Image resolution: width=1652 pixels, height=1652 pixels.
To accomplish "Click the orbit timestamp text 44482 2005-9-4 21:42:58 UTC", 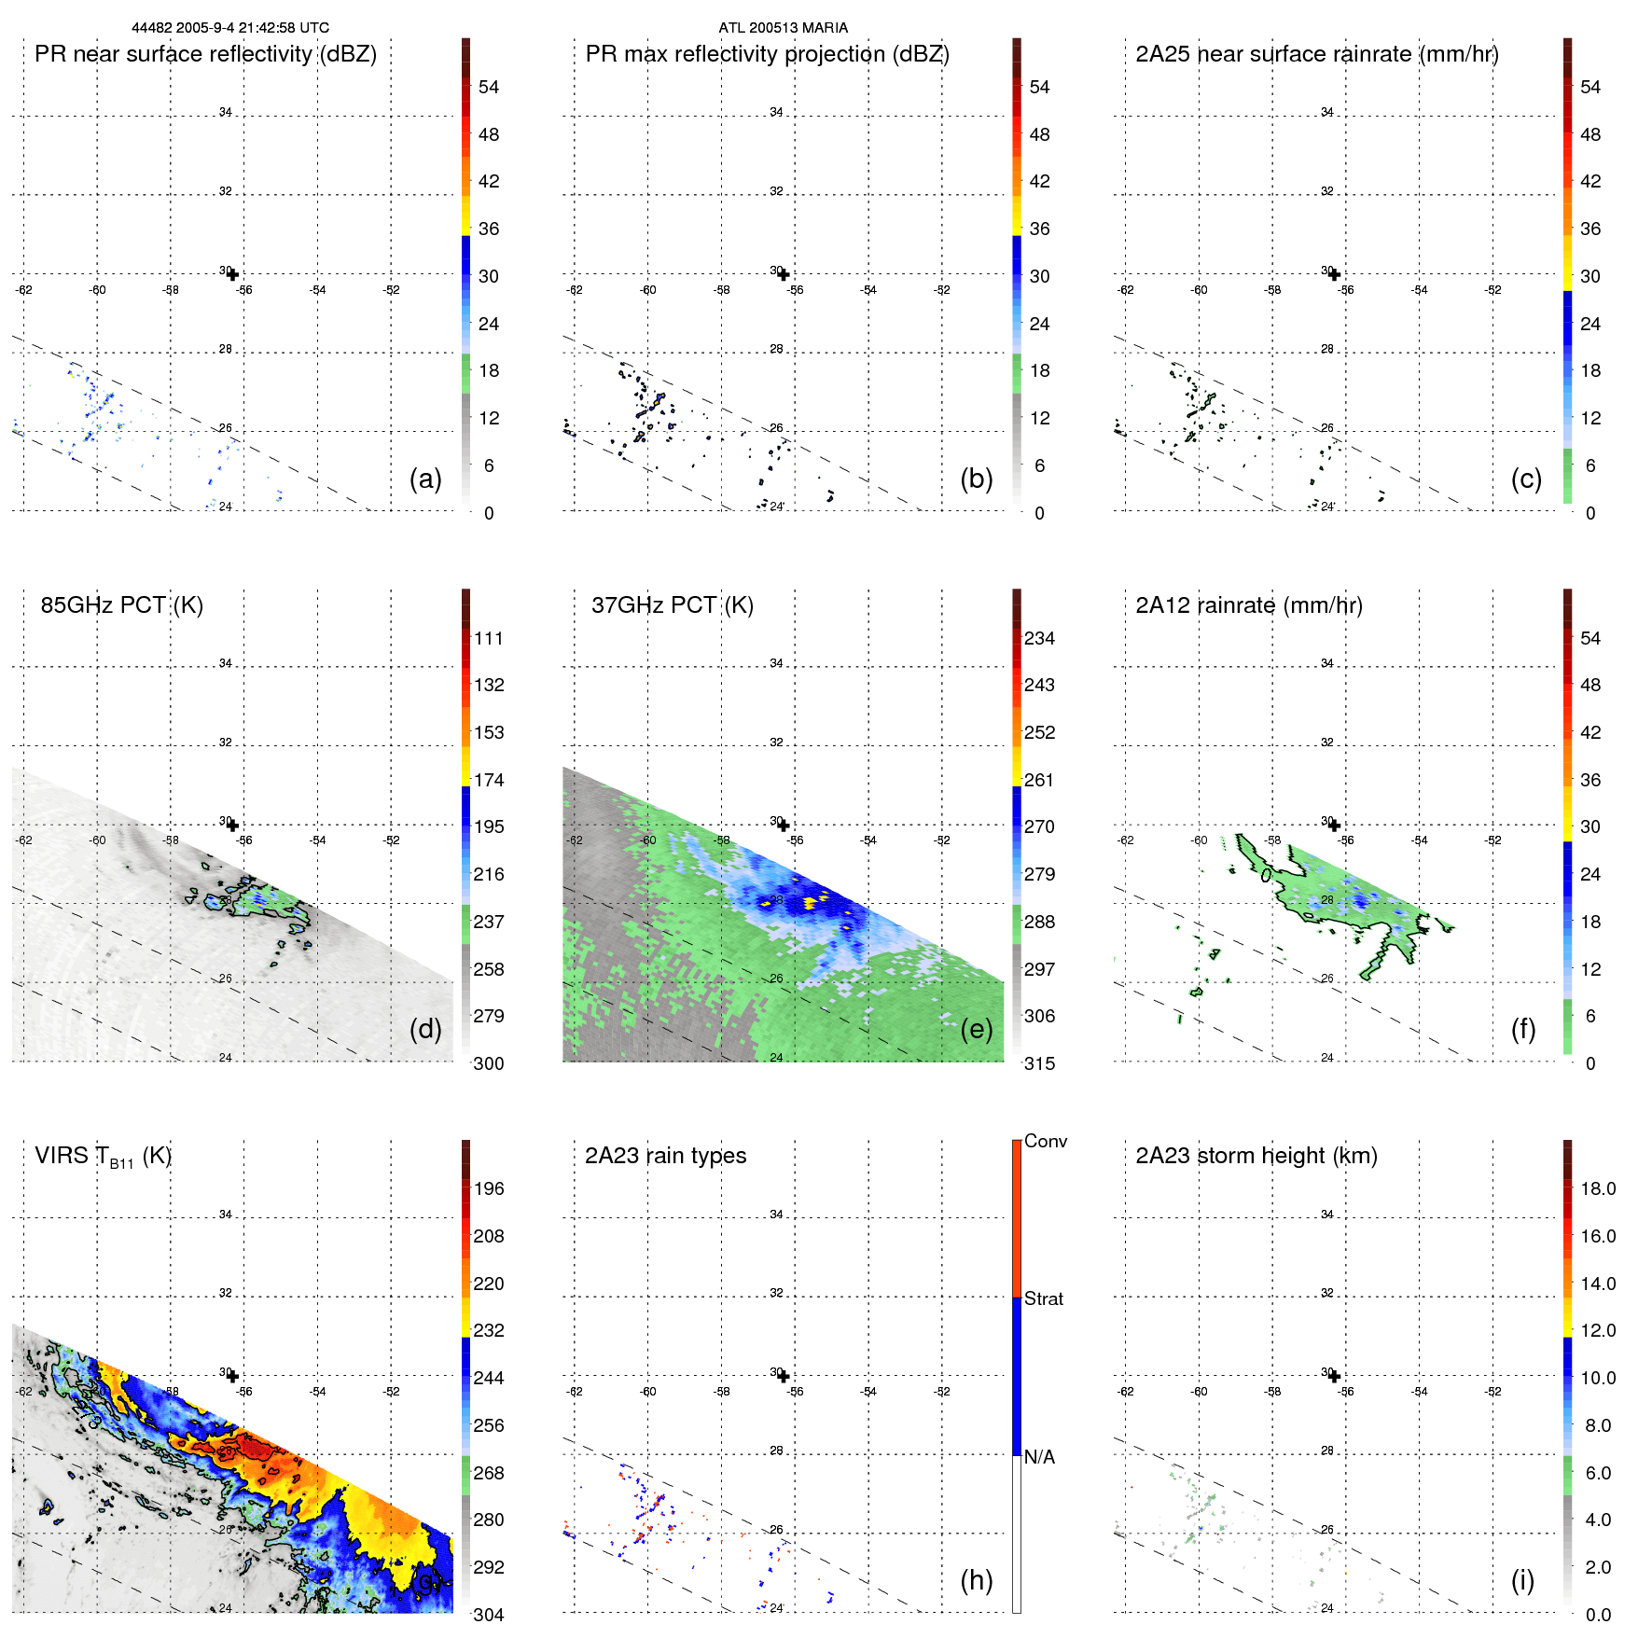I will [x=230, y=28].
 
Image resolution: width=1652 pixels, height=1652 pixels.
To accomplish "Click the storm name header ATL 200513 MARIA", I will [x=783, y=28].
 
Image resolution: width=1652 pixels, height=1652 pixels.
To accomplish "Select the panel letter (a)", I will [x=425, y=479].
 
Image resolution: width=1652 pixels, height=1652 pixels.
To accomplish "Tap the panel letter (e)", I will [x=976, y=1030].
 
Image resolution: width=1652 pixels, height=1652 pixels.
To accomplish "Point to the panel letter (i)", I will [x=1522, y=1580].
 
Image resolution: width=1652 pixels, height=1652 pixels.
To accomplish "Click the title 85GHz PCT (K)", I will [x=121, y=605].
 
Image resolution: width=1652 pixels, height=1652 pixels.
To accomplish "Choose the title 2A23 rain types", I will [x=665, y=1156].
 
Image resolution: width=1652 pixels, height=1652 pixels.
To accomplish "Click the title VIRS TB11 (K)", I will [x=103, y=1157].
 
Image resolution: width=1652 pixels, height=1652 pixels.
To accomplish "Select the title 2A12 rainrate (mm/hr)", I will [x=1249, y=605].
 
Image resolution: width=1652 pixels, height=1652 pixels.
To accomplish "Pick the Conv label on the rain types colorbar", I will [x=1046, y=1141].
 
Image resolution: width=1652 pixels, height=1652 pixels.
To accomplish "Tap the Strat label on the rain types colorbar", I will [x=1044, y=1298].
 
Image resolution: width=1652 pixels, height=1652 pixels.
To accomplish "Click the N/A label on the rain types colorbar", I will [x=1039, y=1457].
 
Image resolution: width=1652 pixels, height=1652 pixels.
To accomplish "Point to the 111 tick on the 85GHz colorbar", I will [x=489, y=638].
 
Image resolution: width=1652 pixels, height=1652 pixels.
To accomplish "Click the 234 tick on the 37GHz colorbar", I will [x=1039, y=638].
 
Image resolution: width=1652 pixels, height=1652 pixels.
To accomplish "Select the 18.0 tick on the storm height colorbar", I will [x=1598, y=1188].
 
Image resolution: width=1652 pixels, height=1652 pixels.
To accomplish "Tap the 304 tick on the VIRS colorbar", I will [x=489, y=1615].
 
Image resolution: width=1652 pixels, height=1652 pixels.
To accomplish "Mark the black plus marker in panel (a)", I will [x=232, y=274].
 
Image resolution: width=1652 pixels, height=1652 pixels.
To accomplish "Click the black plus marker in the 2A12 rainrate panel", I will [x=1334, y=826].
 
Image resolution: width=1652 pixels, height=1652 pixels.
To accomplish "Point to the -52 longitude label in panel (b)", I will [x=942, y=290].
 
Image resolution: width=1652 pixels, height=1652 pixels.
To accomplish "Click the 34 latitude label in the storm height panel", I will [x=1326, y=1215].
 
